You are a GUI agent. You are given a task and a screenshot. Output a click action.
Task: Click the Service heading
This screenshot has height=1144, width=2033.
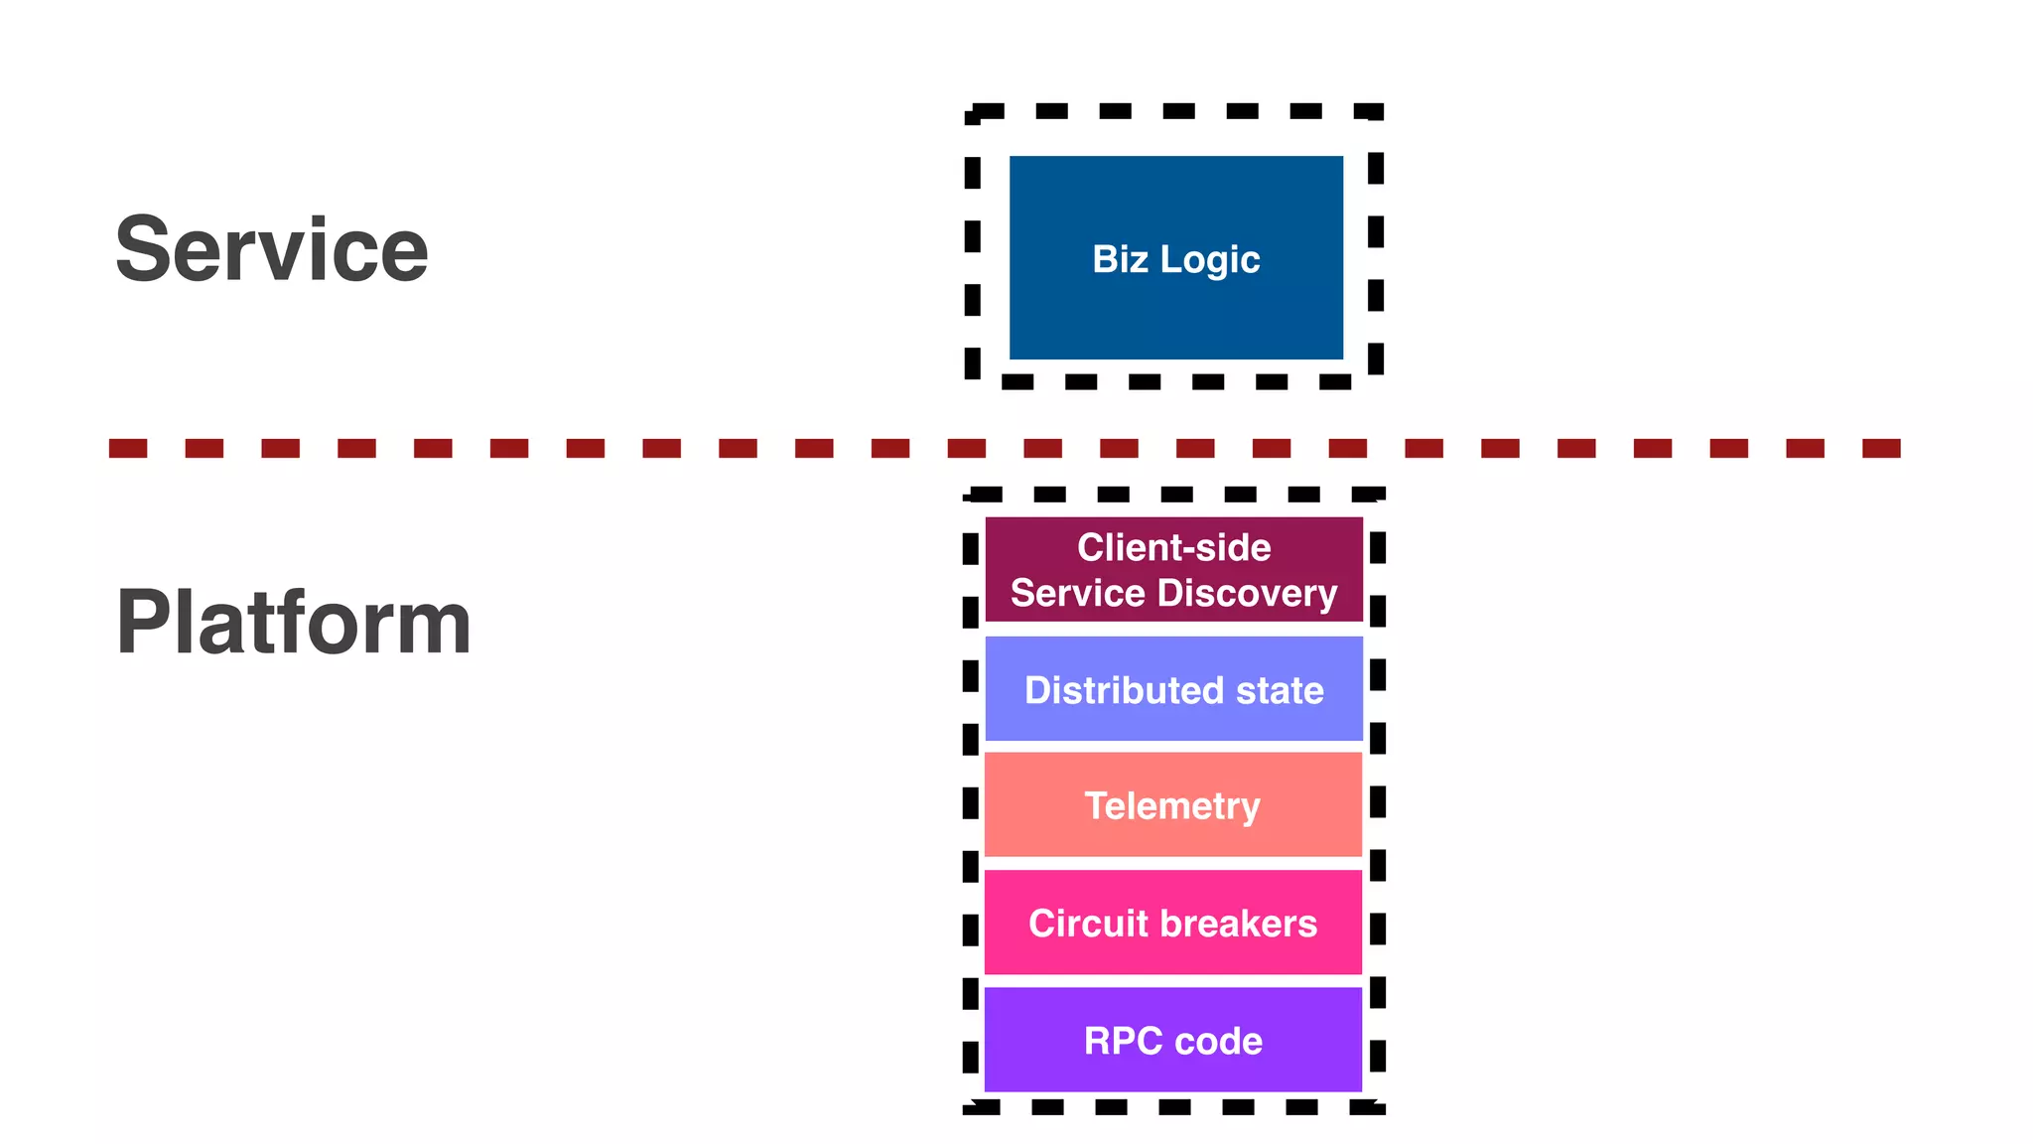click(271, 249)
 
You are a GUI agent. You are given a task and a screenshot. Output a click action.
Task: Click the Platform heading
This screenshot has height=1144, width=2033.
click(293, 623)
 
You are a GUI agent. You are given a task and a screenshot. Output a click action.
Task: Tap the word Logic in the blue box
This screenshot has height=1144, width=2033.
click(1210, 260)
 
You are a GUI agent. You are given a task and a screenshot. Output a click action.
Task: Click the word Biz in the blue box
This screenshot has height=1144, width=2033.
click(1120, 259)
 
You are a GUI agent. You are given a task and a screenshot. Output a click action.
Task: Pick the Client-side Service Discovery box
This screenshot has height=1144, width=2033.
click(1173, 569)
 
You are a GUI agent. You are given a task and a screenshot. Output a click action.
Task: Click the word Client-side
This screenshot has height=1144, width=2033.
click(1173, 547)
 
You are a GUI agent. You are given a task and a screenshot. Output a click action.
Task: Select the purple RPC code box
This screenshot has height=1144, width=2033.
click(1172, 1068)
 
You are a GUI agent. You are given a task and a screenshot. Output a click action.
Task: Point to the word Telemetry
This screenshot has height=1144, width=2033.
click(1172, 806)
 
